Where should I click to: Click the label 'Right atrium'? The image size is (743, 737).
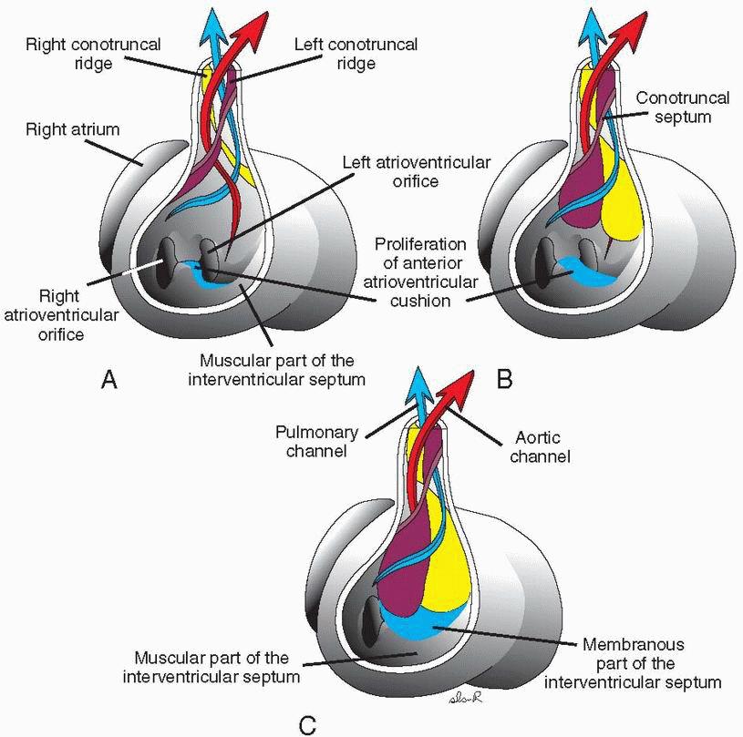tap(59, 131)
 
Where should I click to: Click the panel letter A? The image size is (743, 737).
tap(108, 382)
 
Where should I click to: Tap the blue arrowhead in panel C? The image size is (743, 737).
tap(419, 375)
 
